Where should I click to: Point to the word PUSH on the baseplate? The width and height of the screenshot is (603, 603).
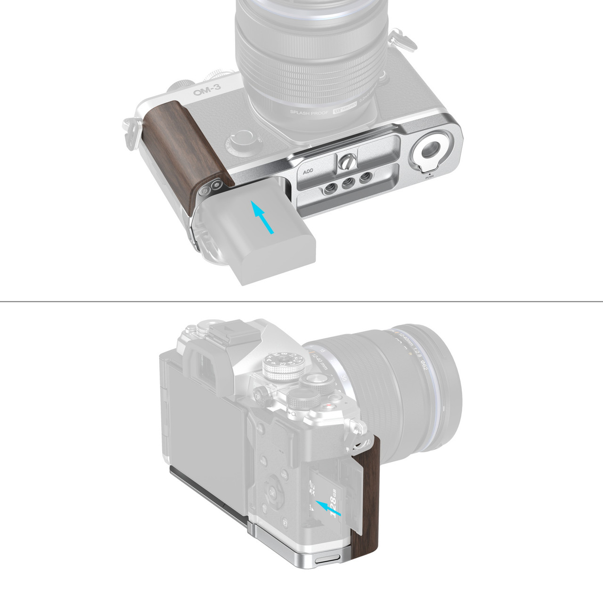430,178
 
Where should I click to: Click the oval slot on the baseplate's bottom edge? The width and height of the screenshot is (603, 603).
325,562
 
